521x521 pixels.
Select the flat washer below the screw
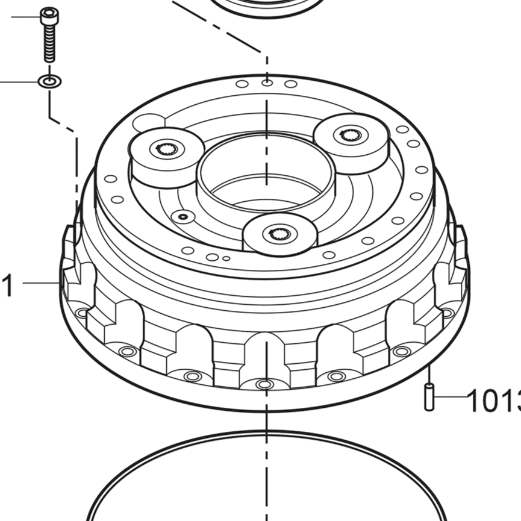pos(49,81)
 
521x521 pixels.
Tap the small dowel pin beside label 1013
pos(429,398)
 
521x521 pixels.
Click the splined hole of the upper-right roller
pos(348,135)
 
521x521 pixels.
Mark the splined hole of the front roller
pos(278,232)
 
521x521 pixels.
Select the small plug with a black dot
pos(183,216)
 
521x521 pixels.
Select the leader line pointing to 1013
pos(452,397)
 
